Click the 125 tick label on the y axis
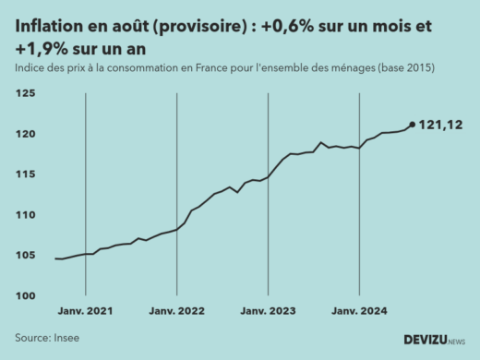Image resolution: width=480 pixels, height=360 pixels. coord(25,93)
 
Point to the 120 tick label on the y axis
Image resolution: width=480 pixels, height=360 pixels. coord(25,134)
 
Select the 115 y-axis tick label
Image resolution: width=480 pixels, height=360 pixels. coord(25,174)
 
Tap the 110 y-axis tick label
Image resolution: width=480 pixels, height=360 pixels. coord(25,215)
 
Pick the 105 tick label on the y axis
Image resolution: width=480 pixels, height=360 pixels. coord(25,256)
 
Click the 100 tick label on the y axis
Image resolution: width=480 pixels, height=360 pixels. coord(25,295)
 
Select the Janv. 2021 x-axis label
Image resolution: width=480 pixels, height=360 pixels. coord(85,312)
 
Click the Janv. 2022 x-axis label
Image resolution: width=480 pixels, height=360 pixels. coord(176,312)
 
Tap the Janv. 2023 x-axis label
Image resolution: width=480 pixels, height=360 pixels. coord(268,312)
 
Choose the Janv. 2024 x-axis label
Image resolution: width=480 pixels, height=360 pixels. coord(359,312)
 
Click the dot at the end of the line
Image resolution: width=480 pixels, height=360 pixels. coord(412,125)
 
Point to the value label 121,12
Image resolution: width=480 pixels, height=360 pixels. coord(441,125)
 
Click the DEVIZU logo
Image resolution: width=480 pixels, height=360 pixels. coord(434,340)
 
